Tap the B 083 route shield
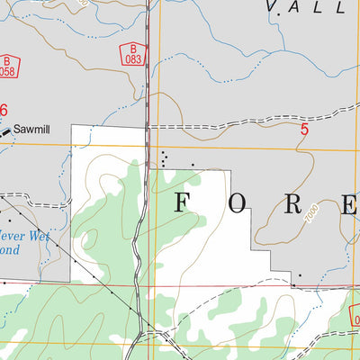[x=133, y=53]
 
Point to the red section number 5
[x=304, y=130]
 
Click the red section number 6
[x=4, y=110]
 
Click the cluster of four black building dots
[x=163, y=158]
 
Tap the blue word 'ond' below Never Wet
[x=9, y=249]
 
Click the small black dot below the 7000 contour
[x=301, y=276]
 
